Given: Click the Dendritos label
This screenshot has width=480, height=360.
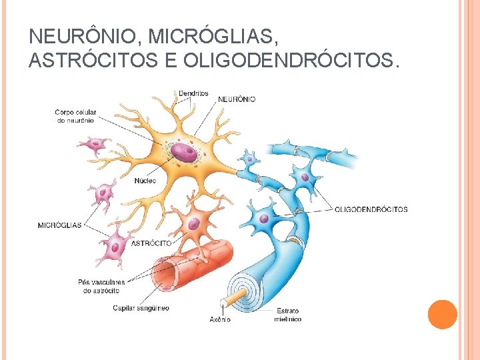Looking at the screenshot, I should click(x=193, y=93).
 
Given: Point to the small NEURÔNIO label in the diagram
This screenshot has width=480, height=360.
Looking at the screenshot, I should click(x=237, y=99).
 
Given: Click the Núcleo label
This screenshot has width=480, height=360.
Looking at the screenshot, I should click(x=145, y=181).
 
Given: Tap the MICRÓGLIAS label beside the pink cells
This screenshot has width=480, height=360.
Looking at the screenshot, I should click(x=59, y=225).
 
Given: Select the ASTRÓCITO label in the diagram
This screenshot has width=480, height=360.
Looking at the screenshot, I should click(x=151, y=243).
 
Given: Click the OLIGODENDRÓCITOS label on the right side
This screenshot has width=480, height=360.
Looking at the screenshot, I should click(x=371, y=209).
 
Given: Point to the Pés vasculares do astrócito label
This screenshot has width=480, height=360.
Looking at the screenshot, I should click(x=101, y=287).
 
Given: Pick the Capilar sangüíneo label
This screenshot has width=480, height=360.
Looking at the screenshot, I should click(x=141, y=308).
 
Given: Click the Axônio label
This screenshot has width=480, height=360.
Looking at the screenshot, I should click(x=220, y=319).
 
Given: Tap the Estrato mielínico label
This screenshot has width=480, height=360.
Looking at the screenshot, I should click(x=287, y=315).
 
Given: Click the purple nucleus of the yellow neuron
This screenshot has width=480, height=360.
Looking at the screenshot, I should click(x=183, y=152).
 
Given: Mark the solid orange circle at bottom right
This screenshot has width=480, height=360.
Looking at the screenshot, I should click(x=442, y=314).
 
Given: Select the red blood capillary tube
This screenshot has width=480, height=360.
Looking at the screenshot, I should click(x=193, y=263).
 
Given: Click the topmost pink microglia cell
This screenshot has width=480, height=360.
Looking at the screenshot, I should click(x=93, y=145).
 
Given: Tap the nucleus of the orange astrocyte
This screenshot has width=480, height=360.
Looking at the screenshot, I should click(x=193, y=223).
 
